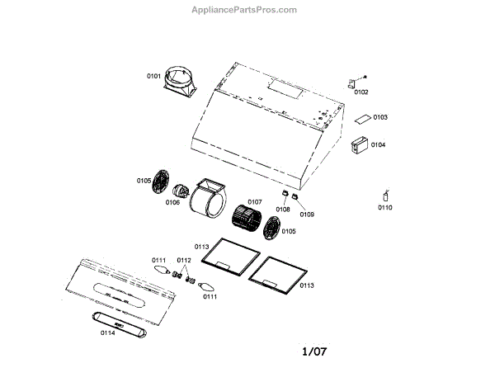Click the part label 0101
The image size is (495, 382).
[x=153, y=76]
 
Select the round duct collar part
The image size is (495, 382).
[x=179, y=82]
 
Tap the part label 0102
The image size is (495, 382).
[x=361, y=92]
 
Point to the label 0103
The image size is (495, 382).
[x=380, y=118]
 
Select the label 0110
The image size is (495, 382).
[x=385, y=208]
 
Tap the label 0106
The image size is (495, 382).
[x=172, y=201]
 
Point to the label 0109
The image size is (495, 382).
[x=307, y=215]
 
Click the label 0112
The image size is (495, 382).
[x=184, y=261]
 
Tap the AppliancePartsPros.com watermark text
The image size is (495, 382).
[x=244, y=10]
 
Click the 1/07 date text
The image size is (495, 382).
[x=313, y=352]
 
